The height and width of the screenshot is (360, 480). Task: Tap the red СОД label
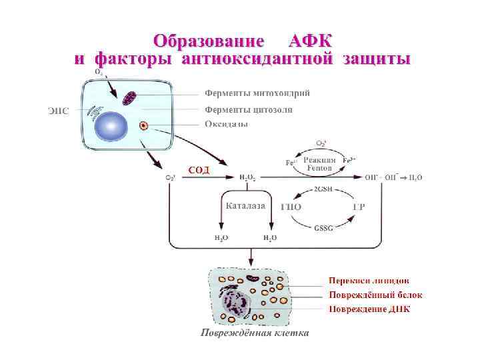coord(198,169)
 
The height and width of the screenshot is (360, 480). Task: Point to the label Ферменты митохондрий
coord(257,93)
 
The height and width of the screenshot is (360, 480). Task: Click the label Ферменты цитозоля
coord(248,109)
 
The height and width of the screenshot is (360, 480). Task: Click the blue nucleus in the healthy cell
coord(111,125)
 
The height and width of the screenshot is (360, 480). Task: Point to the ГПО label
coord(291,207)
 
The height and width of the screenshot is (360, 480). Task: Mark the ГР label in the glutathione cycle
coord(358,207)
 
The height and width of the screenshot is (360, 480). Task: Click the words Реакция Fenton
coord(319,164)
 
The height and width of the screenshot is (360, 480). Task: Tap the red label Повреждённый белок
coord(375,295)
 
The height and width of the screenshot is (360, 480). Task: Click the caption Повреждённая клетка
coord(255,333)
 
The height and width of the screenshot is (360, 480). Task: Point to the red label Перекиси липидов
coord(369,281)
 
